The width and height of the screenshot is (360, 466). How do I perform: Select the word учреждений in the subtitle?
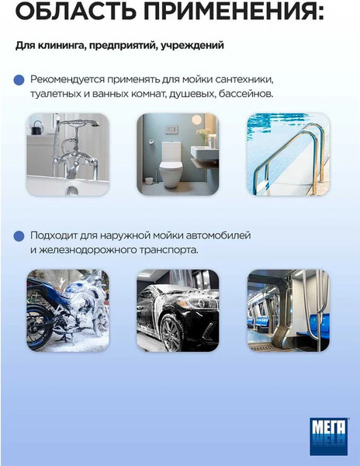195,45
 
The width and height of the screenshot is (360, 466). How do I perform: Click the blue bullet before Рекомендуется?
19,80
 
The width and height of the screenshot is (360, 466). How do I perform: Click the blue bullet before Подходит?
19,235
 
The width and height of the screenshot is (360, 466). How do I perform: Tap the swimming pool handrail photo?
288,154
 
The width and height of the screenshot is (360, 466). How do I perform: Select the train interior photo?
288,311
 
